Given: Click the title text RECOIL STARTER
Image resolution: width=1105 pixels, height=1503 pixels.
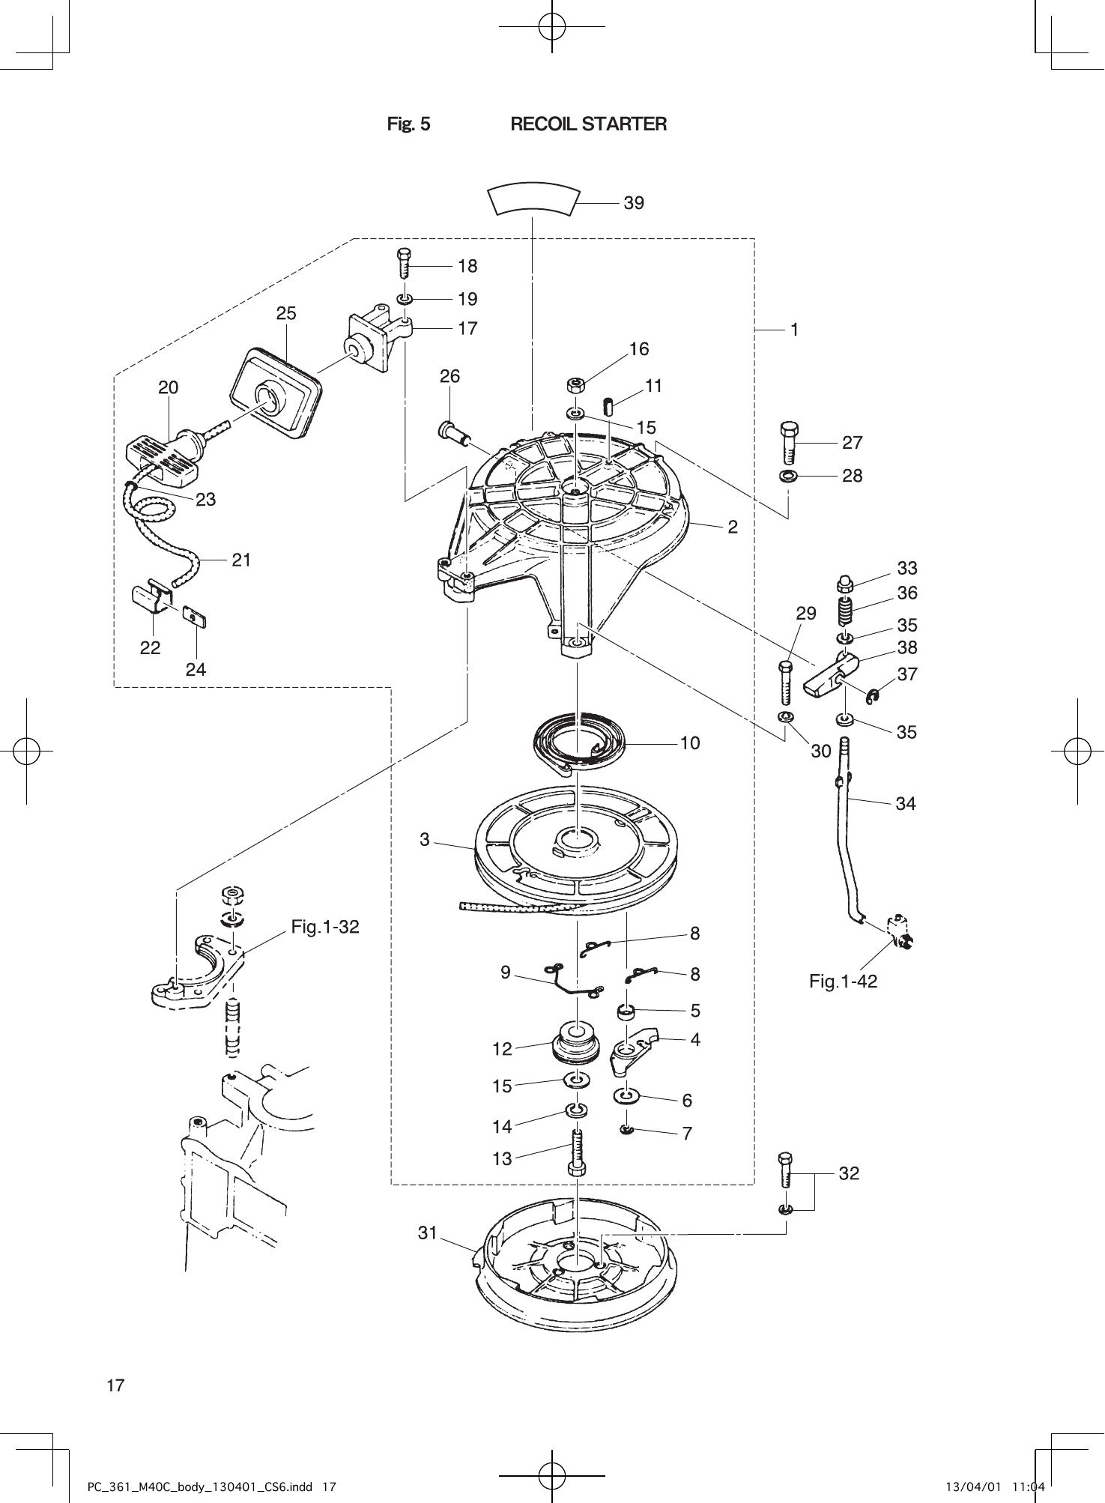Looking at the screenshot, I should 588,124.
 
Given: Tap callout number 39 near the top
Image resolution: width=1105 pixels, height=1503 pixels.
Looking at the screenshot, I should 634,203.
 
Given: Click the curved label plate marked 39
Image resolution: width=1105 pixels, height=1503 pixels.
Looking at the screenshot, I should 533,199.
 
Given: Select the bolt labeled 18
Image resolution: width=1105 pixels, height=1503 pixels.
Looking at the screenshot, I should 404,263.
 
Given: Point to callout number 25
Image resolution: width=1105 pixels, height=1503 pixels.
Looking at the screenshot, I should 286,314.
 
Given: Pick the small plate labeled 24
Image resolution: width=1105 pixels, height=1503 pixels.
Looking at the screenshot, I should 194,616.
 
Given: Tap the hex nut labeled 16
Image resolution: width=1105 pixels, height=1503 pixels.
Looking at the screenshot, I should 575,386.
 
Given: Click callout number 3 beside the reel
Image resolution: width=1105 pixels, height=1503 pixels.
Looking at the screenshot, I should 425,840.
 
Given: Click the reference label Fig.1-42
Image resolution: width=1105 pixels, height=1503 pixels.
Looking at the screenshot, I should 843,981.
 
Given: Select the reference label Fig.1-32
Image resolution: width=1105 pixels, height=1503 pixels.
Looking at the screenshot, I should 325,928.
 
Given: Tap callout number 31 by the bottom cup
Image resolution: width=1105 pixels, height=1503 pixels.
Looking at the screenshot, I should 427,1233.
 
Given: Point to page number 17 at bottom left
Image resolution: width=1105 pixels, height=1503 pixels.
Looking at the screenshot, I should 115,1385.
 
